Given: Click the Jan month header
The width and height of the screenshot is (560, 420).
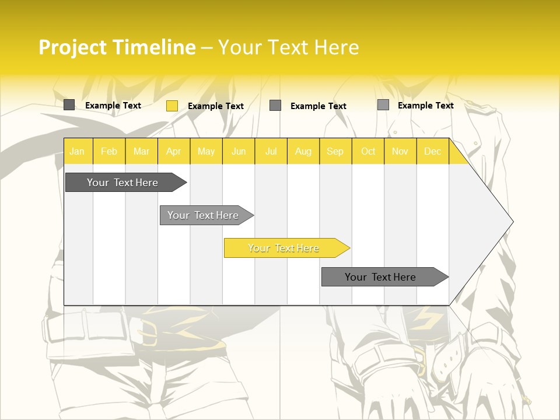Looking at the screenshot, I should [x=77, y=151].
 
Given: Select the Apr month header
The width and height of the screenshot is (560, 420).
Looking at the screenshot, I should [x=173, y=151].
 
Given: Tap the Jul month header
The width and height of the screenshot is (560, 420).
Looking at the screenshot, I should [x=271, y=151].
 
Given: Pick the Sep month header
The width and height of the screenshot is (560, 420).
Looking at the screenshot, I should [x=335, y=151].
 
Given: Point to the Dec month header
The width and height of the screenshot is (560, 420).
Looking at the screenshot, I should [x=432, y=151].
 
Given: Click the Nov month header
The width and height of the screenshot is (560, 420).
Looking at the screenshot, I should [x=400, y=151].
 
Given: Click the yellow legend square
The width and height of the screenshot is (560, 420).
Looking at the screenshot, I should [x=171, y=106].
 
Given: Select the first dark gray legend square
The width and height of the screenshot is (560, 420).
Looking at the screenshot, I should [x=69, y=105].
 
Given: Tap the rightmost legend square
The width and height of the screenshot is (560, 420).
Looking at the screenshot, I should [x=383, y=105].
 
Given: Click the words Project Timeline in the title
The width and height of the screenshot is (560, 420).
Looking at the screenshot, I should [x=117, y=47].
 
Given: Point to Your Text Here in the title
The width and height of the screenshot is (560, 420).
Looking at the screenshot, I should [x=288, y=47].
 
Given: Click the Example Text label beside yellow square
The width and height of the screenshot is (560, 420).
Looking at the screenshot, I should [x=215, y=106].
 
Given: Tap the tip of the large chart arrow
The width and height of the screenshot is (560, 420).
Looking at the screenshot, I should [x=512, y=222].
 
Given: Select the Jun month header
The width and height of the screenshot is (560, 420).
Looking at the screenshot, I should [x=238, y=151].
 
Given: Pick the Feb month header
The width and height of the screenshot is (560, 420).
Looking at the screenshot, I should [x=108, y=151].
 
